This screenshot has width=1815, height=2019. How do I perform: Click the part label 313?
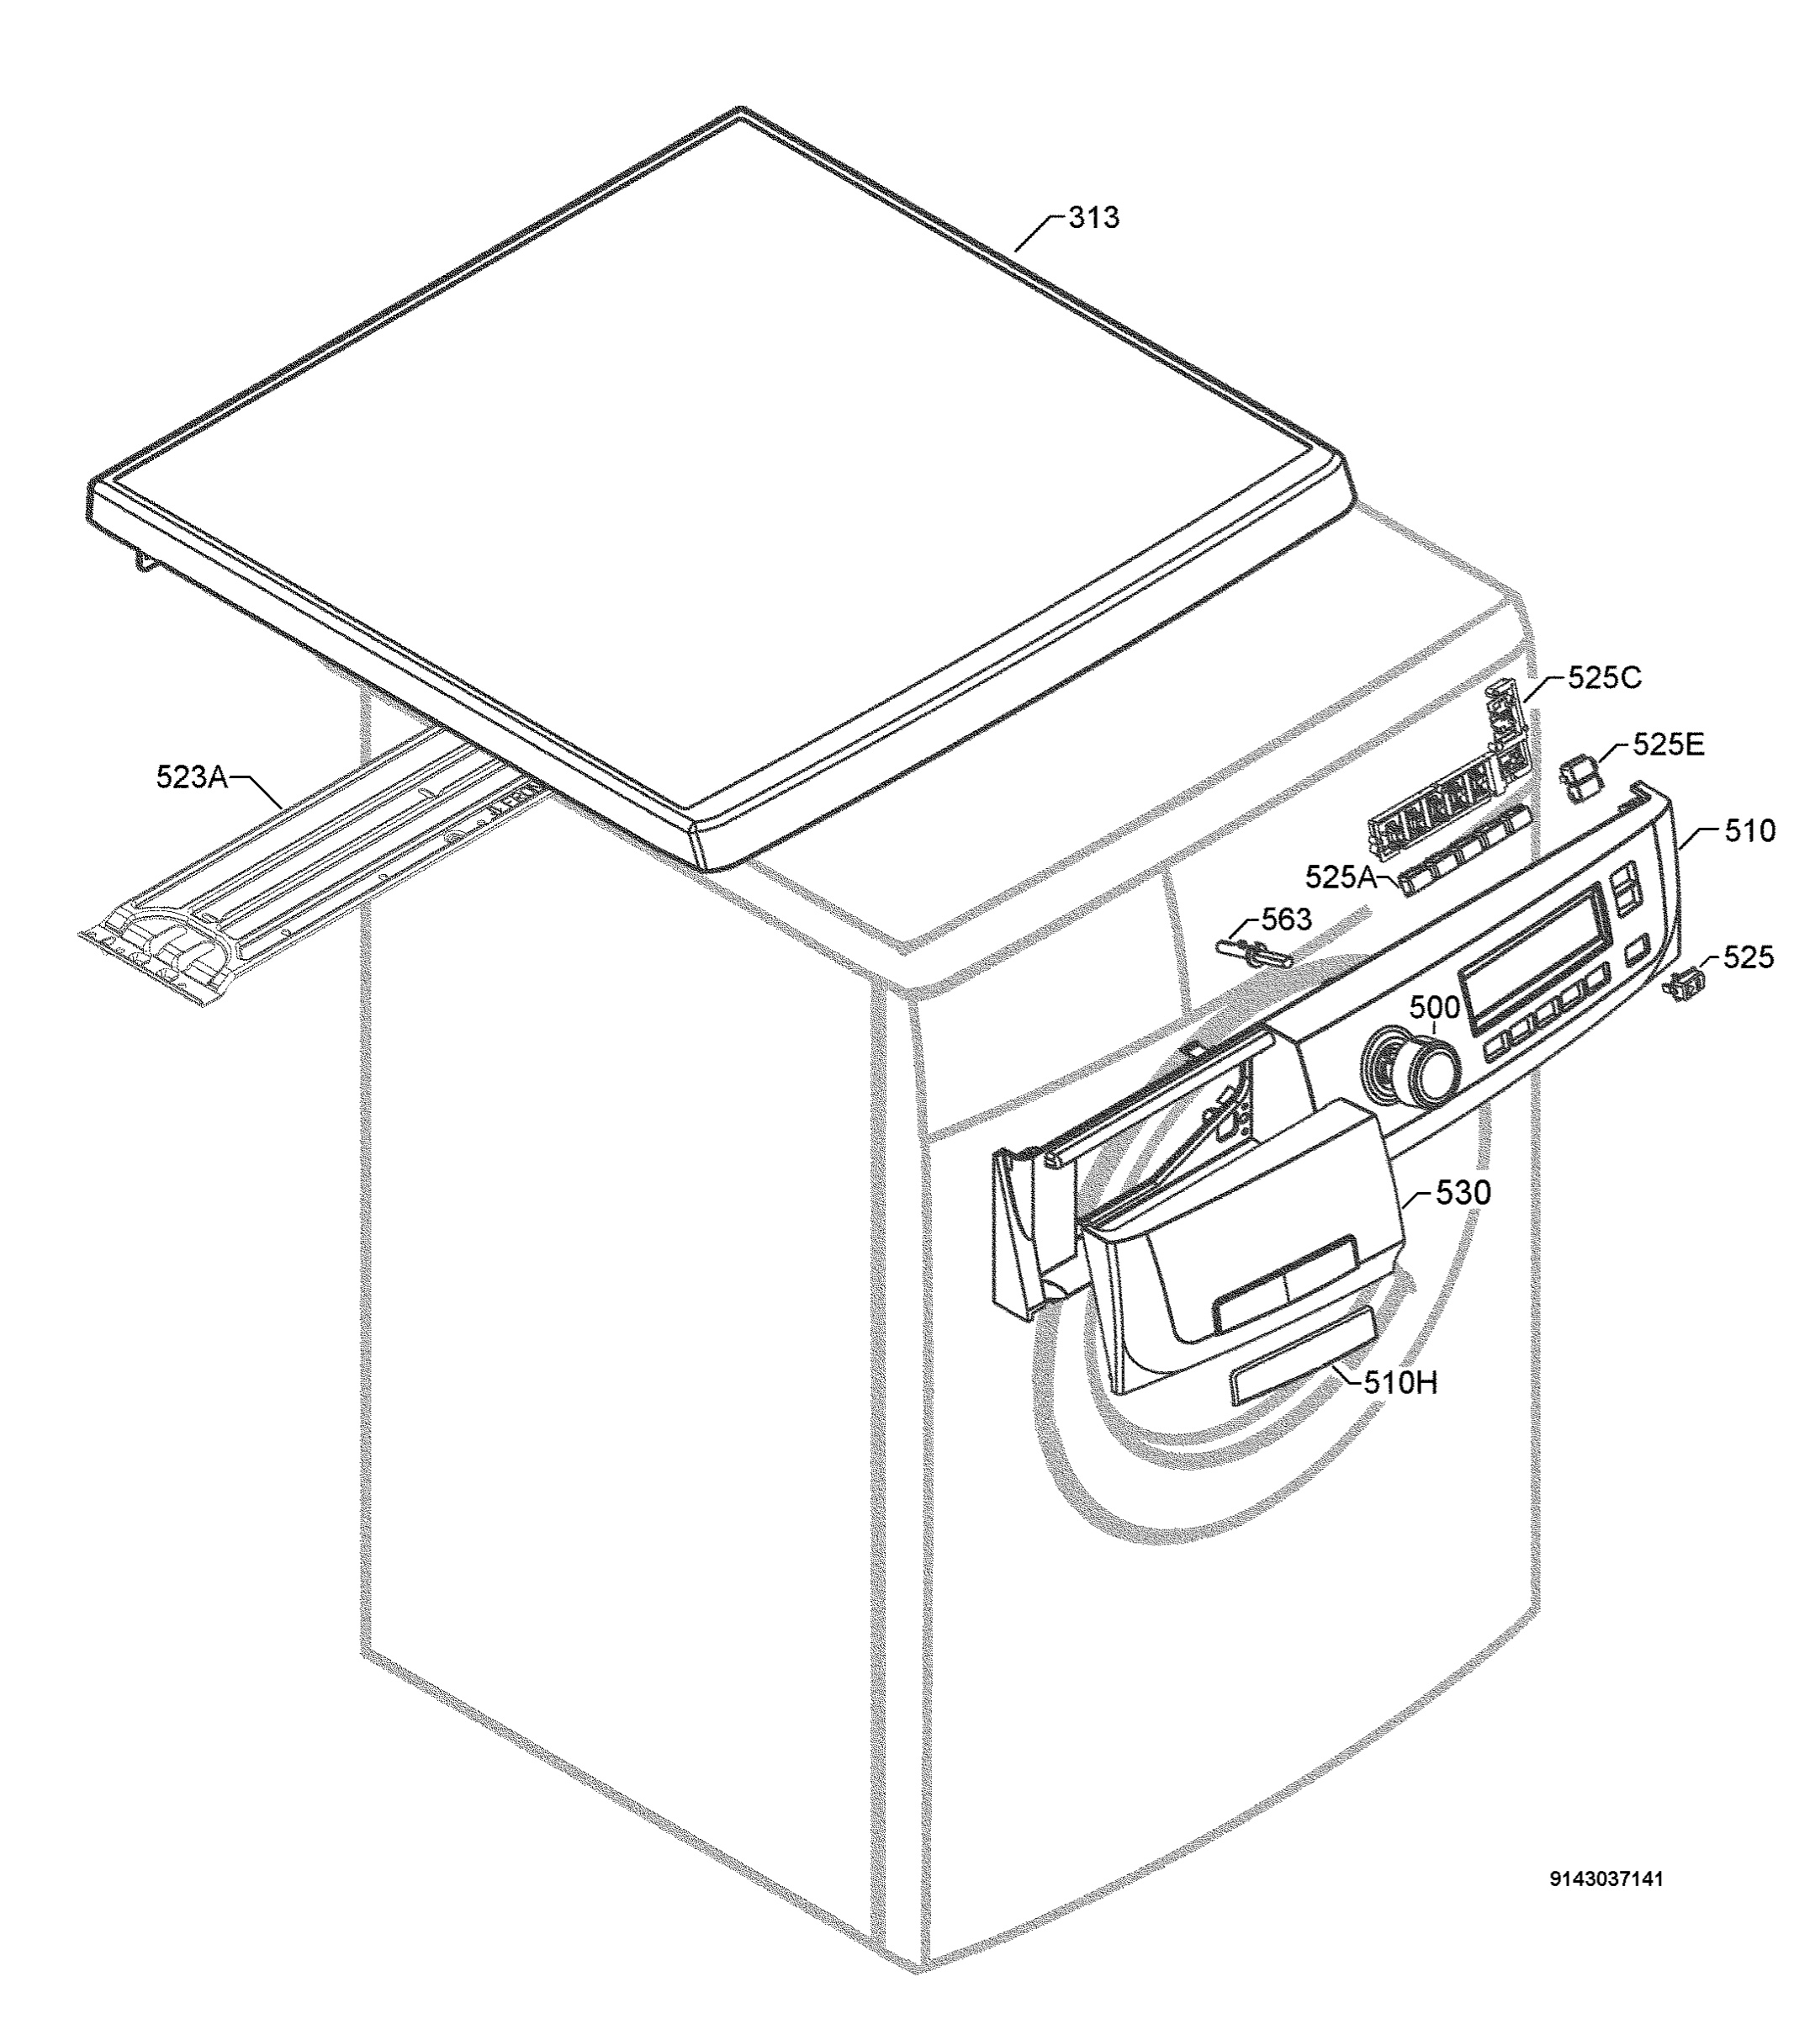click(x=1094, y=217)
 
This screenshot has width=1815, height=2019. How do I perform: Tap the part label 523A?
click(x=192, y=776)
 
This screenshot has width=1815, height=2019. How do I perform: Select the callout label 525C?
click(x=1605, y=678)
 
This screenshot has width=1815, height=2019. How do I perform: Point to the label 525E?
click(x=1669, y=745)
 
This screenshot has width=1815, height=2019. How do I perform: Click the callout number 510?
click(x=1750, y=830)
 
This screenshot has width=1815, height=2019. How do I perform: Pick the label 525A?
click(x=1341, y=877)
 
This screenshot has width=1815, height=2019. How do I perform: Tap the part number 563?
click(x=1287, y=919)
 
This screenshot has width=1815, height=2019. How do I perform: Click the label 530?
click(x=1464, y=1192)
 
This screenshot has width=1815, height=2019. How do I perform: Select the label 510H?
click(x=1401, y=1381)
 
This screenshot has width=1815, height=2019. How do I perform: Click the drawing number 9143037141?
click(x=1606, y=1907)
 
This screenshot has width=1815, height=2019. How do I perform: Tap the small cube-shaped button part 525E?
click(x=1579, y=777)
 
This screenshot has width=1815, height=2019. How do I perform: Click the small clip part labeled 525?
click(x=1685, y=987)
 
